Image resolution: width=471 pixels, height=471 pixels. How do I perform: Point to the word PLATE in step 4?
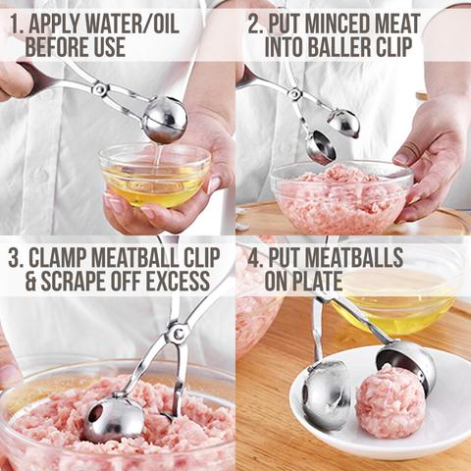tap(320, 281)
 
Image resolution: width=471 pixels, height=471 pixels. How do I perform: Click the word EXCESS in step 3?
tap(178, 281)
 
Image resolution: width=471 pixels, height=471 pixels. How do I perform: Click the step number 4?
tap(255, 258)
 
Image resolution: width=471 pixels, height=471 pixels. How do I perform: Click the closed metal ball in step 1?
tap(165, 120)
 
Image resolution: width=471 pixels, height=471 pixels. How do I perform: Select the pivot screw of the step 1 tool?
tap(100, 88)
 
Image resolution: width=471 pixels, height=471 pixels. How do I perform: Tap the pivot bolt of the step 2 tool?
tap(294, 93)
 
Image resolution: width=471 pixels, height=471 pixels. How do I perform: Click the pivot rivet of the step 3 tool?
tap(178, 334)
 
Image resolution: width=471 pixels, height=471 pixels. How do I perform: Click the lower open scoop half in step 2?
tap(320, 147)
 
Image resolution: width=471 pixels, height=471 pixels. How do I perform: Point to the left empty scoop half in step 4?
tap(325, 396)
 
